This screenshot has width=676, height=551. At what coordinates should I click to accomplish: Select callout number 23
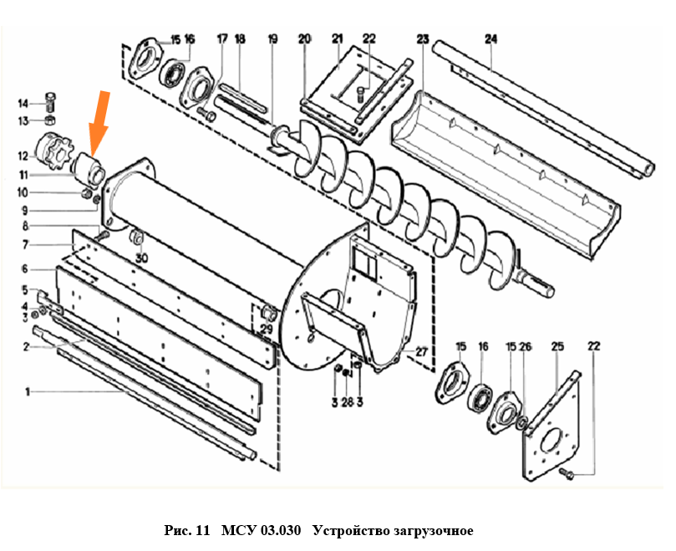pos(423,38)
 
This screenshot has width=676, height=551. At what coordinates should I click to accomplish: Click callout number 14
pos(24,104)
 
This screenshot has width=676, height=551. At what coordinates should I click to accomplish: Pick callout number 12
pos(24,155)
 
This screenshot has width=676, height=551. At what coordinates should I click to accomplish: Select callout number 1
pos(28,390)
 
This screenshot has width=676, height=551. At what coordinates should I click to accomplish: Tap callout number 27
pos(421,351)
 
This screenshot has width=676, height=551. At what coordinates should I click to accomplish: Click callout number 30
pos(143,259)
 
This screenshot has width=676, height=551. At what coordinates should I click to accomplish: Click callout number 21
pos(337,38)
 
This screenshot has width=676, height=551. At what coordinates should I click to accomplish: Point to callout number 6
pos(25,268)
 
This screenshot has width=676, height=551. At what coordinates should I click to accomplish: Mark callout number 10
pos(24,193)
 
